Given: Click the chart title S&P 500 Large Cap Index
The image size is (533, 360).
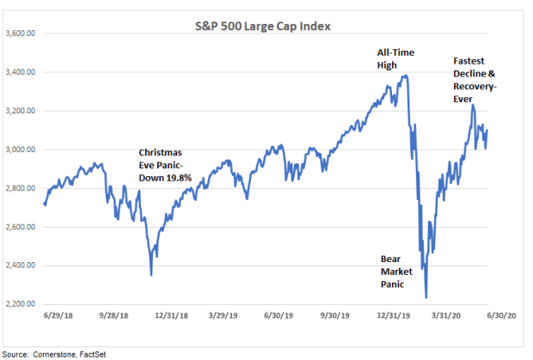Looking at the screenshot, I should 262,26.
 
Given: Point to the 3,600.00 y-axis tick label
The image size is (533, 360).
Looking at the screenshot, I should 21,34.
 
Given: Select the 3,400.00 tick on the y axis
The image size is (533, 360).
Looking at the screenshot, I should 21,72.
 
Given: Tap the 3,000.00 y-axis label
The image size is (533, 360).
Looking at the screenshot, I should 21,149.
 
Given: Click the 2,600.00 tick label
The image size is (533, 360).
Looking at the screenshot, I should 21,227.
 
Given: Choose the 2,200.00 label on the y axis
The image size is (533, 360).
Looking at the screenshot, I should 21,304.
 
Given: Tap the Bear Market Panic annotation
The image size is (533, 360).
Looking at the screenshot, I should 398,270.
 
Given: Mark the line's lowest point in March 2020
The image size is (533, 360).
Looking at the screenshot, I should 426,297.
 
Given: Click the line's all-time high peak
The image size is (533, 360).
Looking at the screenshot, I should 406,76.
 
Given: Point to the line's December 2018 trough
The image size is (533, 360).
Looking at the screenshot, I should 151,275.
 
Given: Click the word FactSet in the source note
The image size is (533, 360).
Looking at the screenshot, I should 92,353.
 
